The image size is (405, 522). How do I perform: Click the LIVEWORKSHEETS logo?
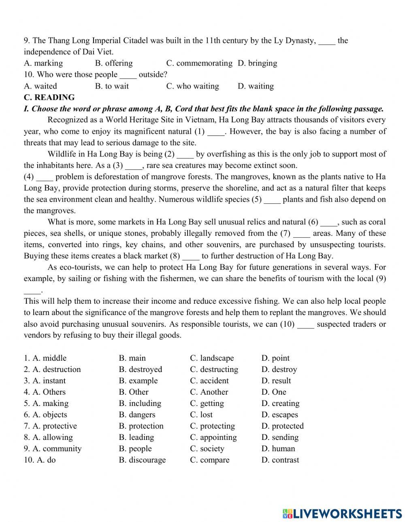342,513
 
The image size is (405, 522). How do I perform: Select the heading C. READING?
49,97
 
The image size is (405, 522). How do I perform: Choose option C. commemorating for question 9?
199,63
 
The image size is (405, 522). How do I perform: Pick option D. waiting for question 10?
256,86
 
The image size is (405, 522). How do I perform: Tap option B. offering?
114,63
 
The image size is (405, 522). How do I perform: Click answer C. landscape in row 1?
212,358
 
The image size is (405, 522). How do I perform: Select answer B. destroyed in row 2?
140,370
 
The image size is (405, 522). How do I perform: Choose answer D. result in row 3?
276,381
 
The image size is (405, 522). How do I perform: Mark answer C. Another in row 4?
209,392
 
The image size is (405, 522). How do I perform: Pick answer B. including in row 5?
140,404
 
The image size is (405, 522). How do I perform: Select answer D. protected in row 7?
282,426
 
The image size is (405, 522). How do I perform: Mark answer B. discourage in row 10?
142,460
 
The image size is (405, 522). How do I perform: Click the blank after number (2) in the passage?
185,154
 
